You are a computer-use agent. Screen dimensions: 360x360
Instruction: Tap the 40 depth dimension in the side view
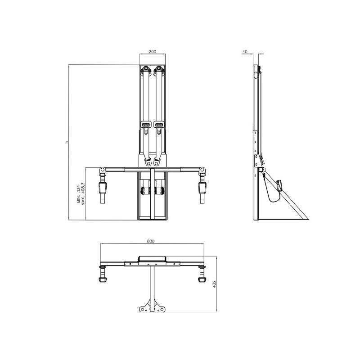pos(245,52)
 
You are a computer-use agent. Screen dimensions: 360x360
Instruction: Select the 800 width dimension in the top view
pos(151,241)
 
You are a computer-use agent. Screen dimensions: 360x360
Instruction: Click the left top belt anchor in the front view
pos(146,70)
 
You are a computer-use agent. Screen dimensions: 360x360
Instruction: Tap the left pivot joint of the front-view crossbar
pos(103,171)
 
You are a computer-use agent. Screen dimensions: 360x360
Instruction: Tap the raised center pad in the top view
pos(152,259)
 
